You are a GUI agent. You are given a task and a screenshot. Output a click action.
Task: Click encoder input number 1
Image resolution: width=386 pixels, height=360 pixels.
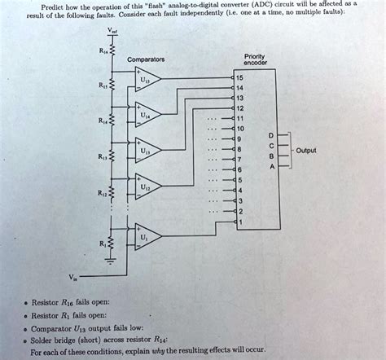[239, 221]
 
